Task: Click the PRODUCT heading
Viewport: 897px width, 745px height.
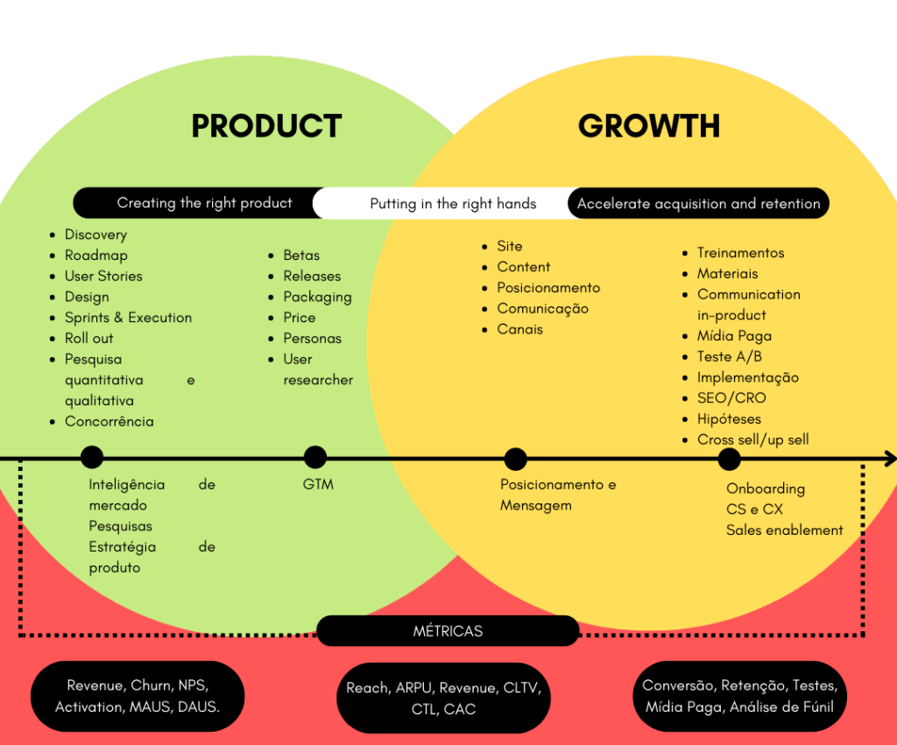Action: [x=266, y=126]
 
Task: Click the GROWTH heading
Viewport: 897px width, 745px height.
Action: [x=649, y=126]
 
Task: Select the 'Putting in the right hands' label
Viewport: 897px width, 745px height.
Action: [x=453, y=204]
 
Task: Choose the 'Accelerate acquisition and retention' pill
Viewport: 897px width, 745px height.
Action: [x=698, y=204]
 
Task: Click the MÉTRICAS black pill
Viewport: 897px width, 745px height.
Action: [x=448, y=630]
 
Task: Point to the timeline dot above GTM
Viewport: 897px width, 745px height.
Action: [x=315, y=457]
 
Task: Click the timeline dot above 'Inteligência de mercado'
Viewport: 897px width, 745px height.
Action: [x=92, y=457]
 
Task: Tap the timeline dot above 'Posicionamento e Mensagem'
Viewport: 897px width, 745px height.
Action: [x=515, y=459]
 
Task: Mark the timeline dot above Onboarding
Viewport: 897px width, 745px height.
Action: [x=729, y=459]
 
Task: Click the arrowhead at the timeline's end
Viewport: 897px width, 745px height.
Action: [x=890, y=458]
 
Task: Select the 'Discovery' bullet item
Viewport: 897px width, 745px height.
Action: [x=95, y=235]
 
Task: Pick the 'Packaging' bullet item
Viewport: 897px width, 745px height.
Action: [x=317, y=298]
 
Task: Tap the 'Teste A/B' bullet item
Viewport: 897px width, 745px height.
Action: [x=730, y=357]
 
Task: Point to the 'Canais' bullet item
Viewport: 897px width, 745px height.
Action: [x=519, y=329]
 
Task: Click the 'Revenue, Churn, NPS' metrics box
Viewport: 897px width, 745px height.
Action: [x=138, y=696]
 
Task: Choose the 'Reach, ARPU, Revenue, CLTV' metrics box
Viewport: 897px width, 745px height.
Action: [x=443, y=698]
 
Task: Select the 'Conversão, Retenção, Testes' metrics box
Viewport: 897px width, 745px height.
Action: [x=739, y=696]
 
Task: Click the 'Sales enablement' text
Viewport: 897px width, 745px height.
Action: [x=785, y=530]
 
